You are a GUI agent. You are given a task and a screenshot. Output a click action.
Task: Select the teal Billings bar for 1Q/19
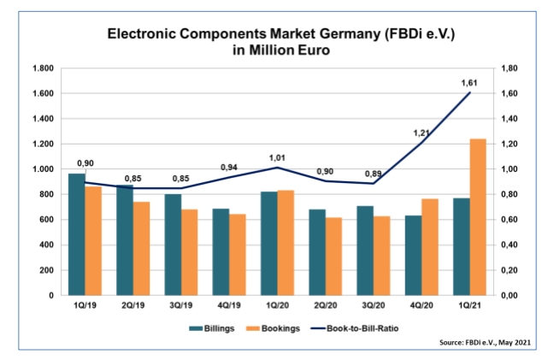tap(77, 234)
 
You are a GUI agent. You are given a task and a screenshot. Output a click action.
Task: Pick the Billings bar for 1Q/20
tap(268, 243)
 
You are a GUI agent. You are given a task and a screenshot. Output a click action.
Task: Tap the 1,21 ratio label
tap(421, 133)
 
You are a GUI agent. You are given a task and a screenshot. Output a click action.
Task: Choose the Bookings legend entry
tap(272, 327)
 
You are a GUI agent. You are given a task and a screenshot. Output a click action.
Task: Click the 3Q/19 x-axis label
tap(180, 305)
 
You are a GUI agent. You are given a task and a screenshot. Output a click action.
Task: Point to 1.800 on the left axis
tap(43, 68)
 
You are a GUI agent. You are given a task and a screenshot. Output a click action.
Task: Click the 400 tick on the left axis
tap(46, 245)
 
